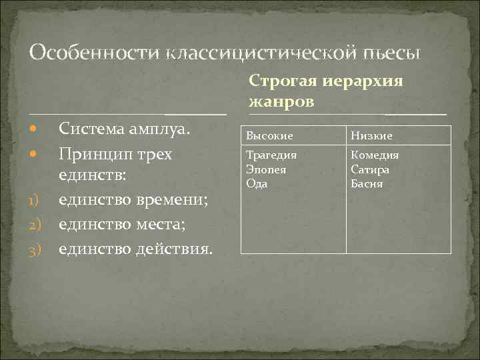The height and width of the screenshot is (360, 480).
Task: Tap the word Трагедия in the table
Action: pyautogui.click(x=271, y=155)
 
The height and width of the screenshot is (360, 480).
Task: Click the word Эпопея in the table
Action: pyautogui.click(x=266, y=169)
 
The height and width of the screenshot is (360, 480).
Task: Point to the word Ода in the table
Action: pyautogui.click(x=257, y=183)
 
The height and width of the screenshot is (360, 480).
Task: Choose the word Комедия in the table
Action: pyautogui.click(x=375, y=155)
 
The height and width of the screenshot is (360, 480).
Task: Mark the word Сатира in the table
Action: pyautogui.click(x=370, y=169)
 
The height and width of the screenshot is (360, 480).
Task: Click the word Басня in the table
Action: pyautogui.click(x=367, y=183)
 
